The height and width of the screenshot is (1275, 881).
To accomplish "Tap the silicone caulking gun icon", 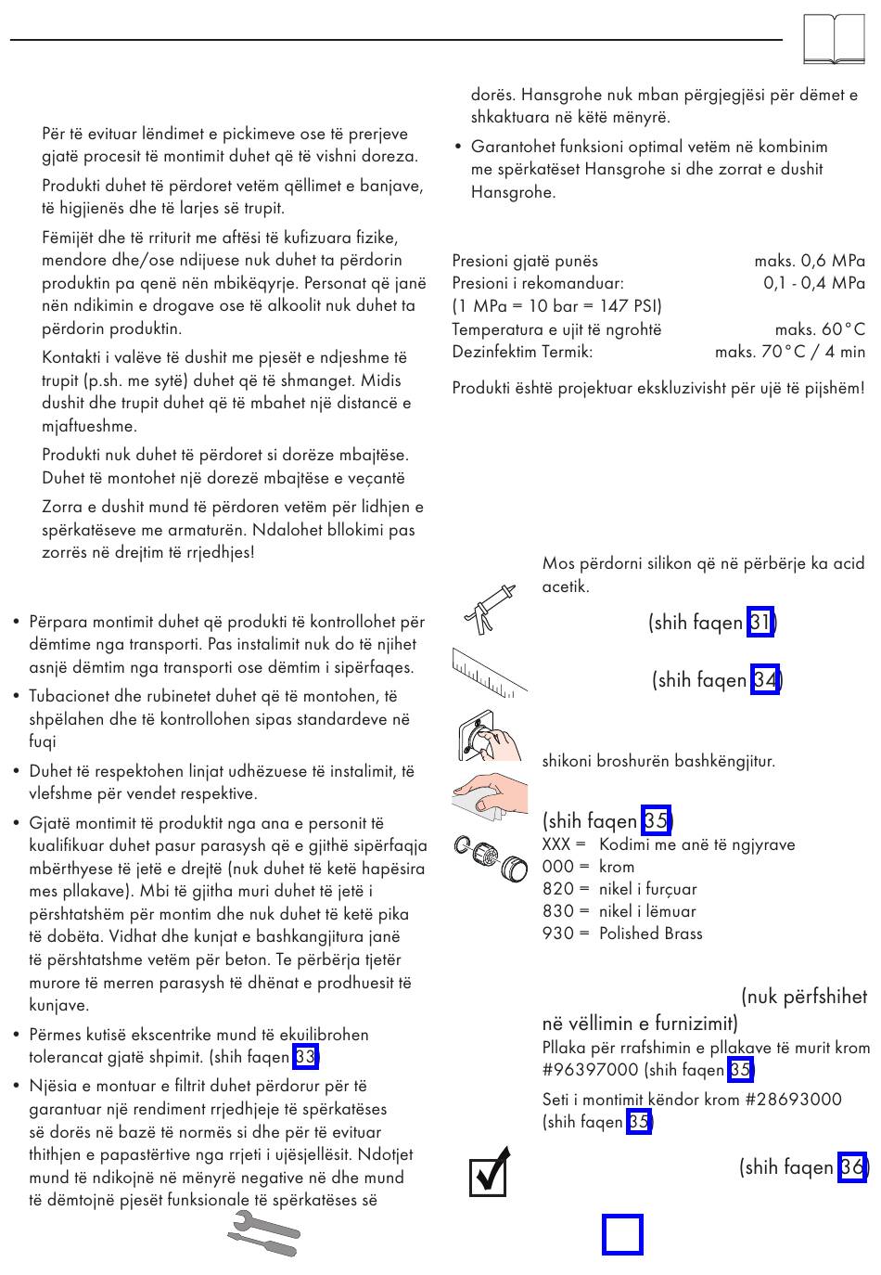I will point(489,609).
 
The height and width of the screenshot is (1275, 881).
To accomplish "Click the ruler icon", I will point(490,672).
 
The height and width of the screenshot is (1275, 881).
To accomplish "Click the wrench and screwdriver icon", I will point(263,1237).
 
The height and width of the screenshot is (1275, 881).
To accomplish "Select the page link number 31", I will point(760,622).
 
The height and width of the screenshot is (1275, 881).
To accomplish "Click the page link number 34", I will point(765,680).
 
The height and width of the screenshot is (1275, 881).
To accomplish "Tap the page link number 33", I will point(305,1057).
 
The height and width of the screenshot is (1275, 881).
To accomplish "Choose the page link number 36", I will point(851,1166).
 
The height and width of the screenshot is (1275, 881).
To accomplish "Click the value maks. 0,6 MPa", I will point(809,261).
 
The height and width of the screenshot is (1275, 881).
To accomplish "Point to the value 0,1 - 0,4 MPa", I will point(813,283).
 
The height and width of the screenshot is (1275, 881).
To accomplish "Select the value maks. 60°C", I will point(819,329).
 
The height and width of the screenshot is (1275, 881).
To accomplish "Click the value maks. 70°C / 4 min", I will point(789,352).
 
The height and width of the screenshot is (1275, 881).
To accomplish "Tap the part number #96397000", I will point(591,1070).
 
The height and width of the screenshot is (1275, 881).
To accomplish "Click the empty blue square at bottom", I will point(622,1235).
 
